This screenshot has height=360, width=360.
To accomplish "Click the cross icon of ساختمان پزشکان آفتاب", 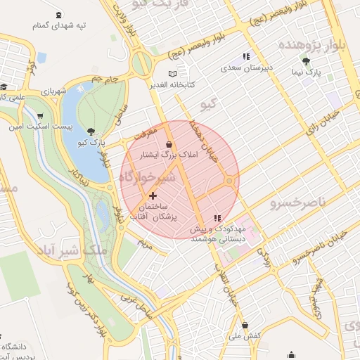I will pos(153,195).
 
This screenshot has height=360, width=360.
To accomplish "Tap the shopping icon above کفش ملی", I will pos(244,325).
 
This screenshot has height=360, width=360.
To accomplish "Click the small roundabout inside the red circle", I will pos(229,182).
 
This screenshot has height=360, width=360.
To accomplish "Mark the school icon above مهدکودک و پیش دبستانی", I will pos(217,218).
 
